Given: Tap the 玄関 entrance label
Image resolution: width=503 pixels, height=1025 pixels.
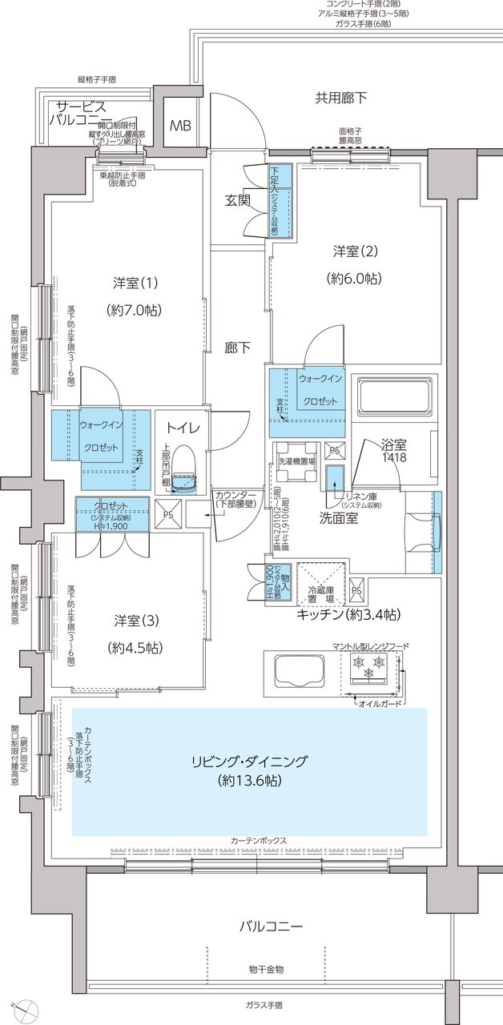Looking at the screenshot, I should [238, 200].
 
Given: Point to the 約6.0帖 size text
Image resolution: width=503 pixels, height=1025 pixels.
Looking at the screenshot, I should [353, 279].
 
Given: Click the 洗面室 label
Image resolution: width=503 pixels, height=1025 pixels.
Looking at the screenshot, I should [340, 518].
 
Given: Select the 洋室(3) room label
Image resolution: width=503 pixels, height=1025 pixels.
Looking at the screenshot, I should [135, 621].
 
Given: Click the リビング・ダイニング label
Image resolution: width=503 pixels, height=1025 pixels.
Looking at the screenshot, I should [249, 762].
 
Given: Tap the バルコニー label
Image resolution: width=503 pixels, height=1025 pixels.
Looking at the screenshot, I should [271, 927].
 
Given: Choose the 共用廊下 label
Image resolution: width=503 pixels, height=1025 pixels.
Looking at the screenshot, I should [340, 98].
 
